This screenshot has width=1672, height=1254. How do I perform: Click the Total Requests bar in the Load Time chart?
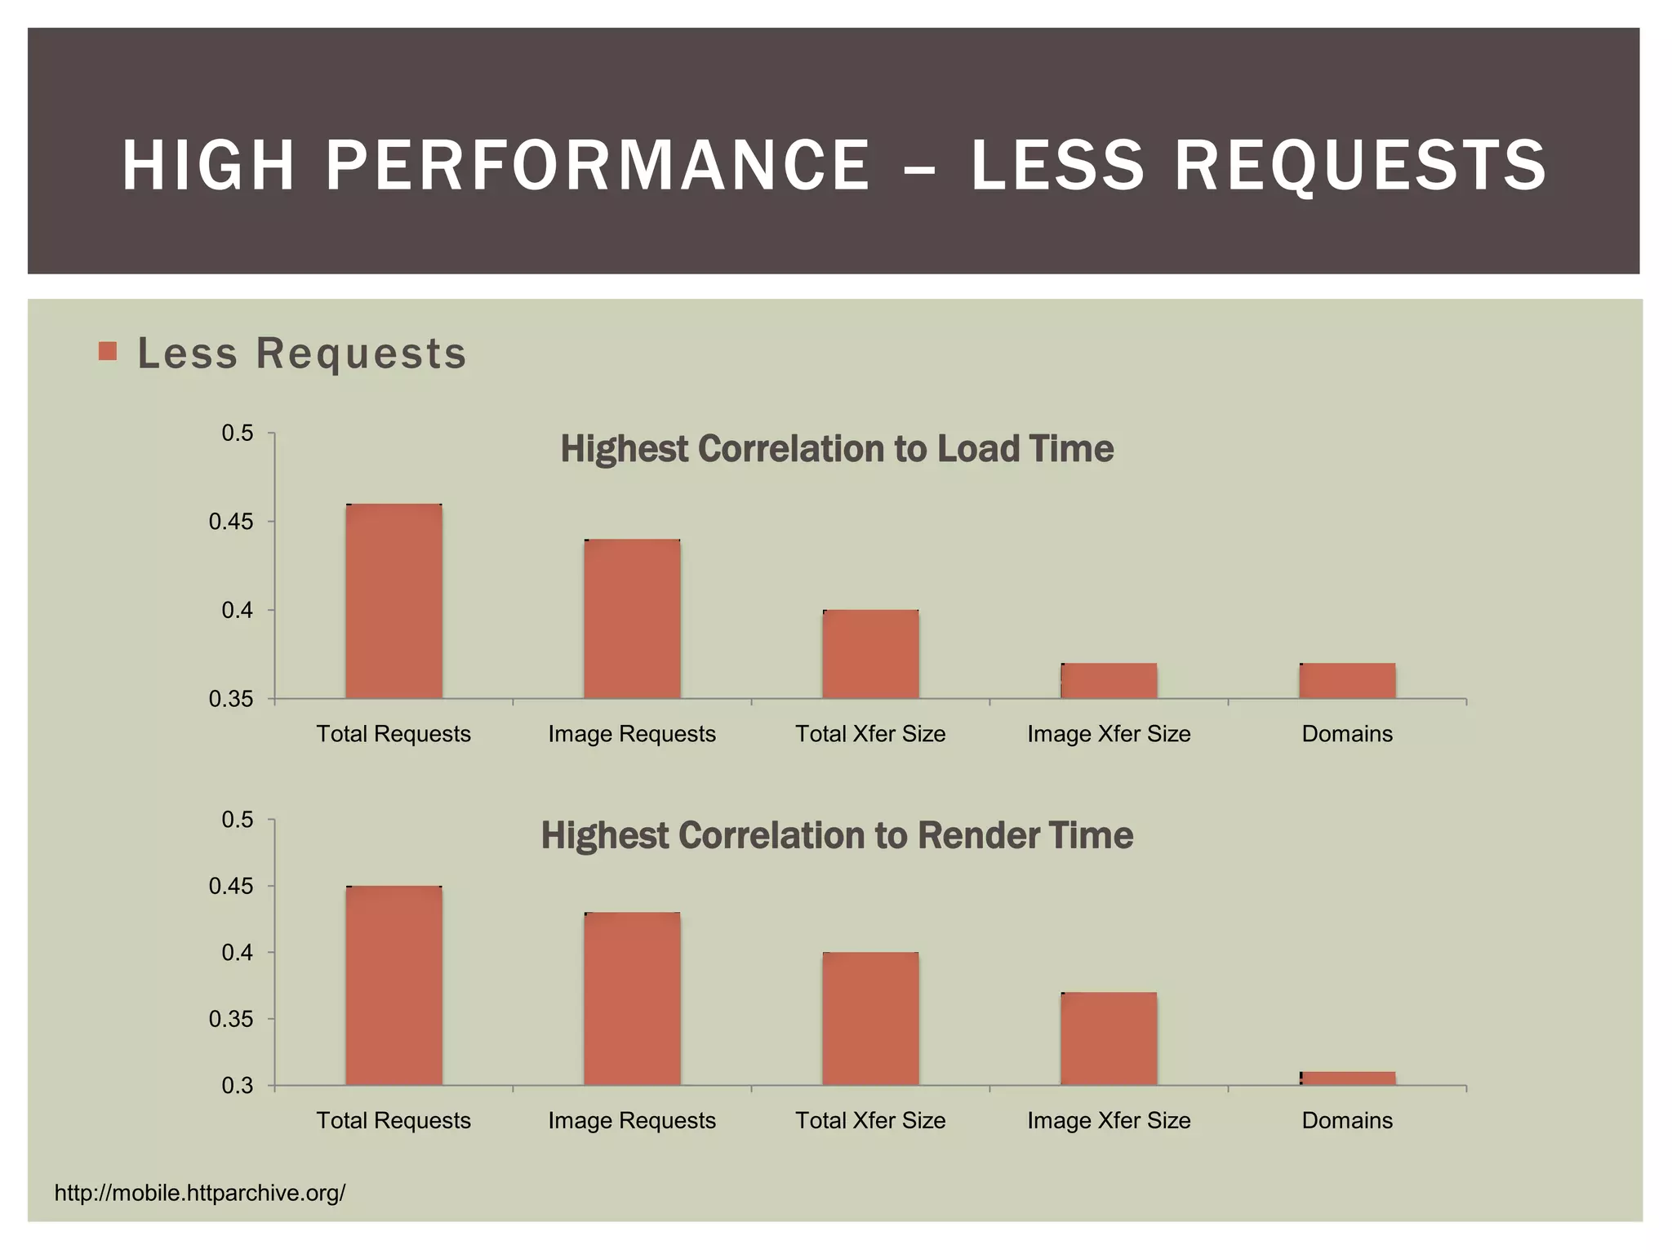point(394,602)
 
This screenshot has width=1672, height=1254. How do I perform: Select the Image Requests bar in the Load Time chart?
point(632,619)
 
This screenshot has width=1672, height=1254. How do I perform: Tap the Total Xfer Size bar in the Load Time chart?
point(870,654)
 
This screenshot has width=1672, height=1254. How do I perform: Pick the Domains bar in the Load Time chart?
point(1347,681)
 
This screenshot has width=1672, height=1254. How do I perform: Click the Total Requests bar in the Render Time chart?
point(394,985)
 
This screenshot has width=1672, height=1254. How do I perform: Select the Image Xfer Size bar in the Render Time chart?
point(1109,1038)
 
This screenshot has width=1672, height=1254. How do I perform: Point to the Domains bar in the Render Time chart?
point(1347,1078)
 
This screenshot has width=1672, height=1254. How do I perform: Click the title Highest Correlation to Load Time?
point(837,449)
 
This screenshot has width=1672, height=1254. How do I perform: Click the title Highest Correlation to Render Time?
point(837,835)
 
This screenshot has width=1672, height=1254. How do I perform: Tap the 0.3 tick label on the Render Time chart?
point(238,1086)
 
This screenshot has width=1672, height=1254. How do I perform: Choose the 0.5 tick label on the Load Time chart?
point(238,433)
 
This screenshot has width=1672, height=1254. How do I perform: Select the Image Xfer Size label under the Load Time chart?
point(1109,734)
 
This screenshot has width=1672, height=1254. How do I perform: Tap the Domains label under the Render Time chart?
point(1347,1120)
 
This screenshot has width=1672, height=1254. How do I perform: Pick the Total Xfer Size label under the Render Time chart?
point(870,1120)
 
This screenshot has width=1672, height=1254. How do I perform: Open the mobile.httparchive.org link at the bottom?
point(200,1193)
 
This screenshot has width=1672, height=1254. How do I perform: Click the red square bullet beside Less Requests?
point(107,351)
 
